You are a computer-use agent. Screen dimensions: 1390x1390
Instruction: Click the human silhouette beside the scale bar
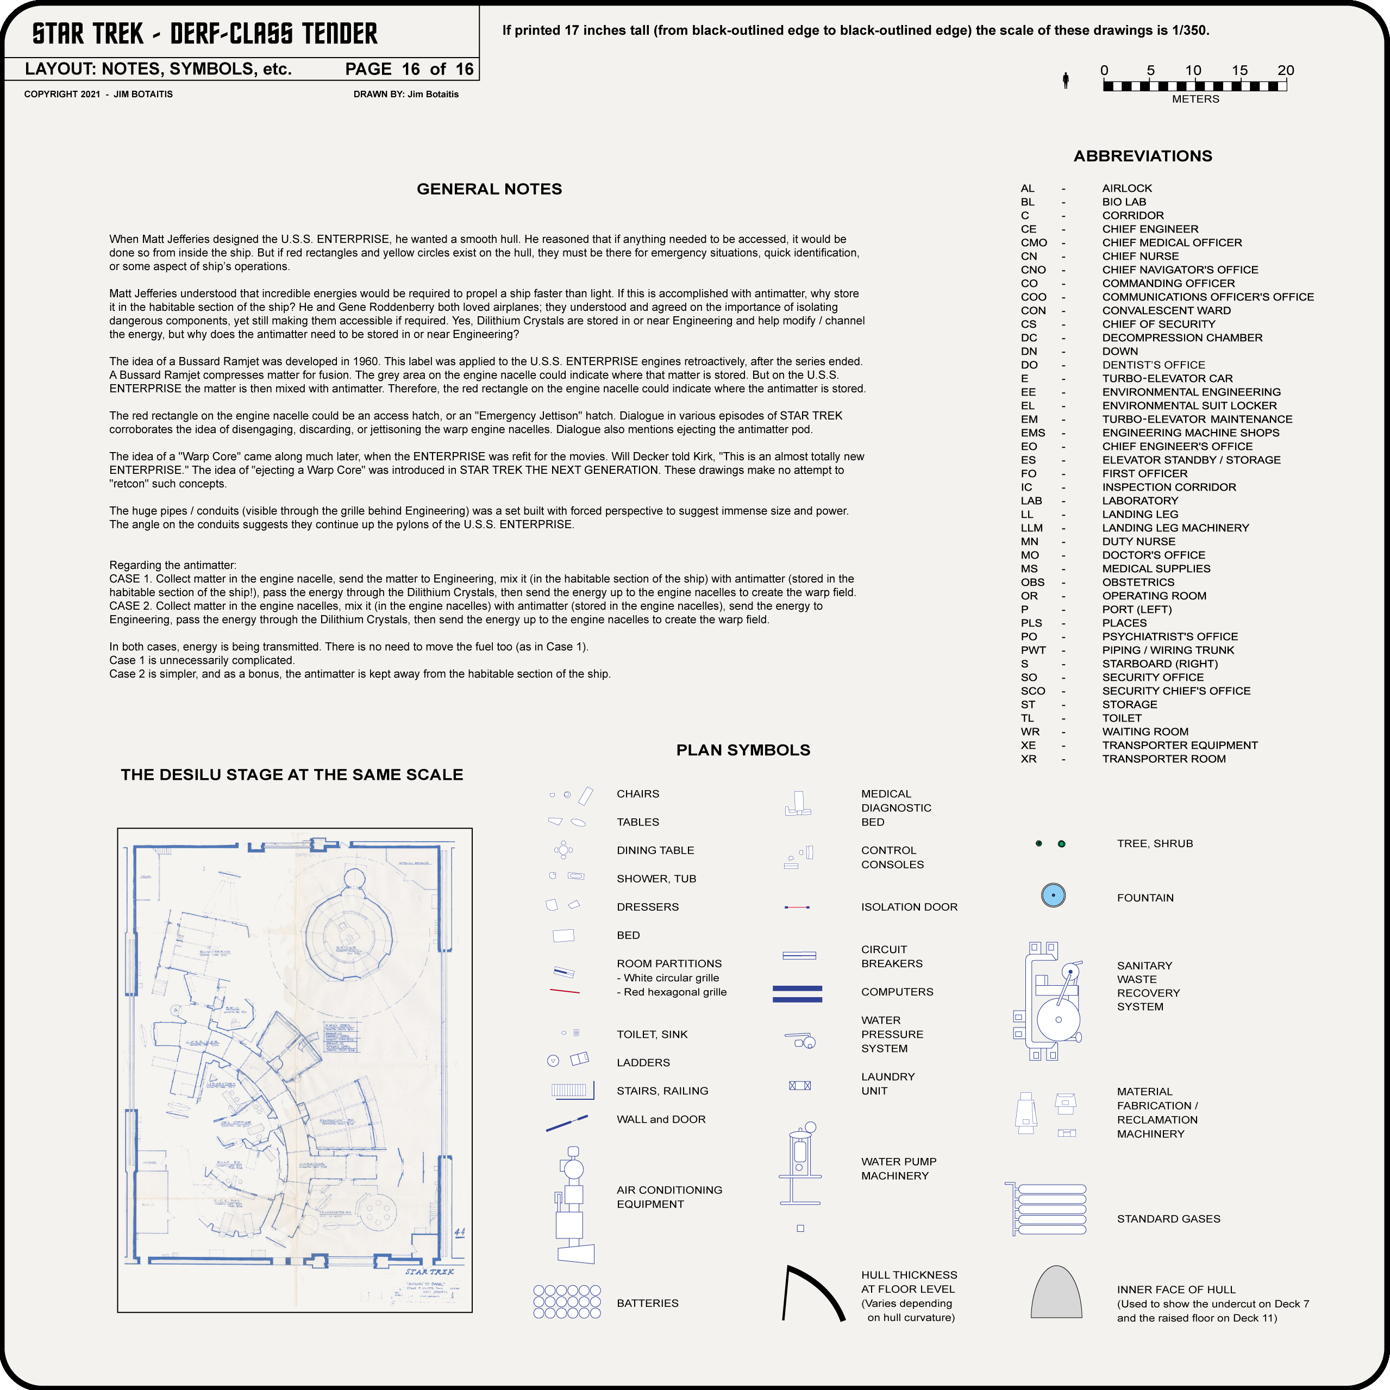pyautogui.click(x=1066, y=80)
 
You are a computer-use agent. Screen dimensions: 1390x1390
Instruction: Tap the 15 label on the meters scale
pyautogui.click(x=1239, y=71)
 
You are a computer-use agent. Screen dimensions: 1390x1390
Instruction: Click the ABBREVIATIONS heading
pyautogui.click(x=1143, y=156)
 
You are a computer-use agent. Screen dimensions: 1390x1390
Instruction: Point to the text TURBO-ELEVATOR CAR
pyautogui.click(x=1167, y=378)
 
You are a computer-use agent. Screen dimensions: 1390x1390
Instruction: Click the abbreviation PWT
pyautogui.click(x=1033, y=650)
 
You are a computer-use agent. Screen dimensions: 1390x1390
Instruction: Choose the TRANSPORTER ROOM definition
pyautogui.click(x=1163, y=759)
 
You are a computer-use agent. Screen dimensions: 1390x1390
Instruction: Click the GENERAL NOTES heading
pyautogui.click(x=489, y=189)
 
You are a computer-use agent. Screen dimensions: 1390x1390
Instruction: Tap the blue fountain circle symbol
pyautogui.click(x=1053, y=896)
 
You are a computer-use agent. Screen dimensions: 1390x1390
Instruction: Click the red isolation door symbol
pyautogui.click(x=797, y=907)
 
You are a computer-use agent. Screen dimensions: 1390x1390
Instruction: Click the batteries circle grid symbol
pyautogui.click(x=567, y=1301)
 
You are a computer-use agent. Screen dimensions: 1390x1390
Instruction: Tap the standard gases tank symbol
pyautogui.click(x=1048, y=1210)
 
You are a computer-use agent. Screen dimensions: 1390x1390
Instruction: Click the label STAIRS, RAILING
pyautogui.click(x=662, y=1091)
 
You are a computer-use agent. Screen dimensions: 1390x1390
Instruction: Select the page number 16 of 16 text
pyautogui.click(x=409, y=69)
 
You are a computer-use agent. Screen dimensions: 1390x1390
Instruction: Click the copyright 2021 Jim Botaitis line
pyautogui.click(x=98, y=94)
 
